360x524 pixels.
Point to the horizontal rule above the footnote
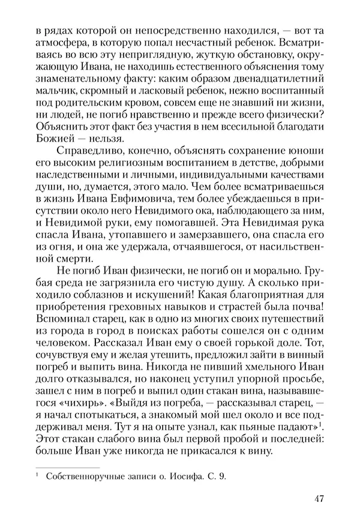(67, 466)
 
